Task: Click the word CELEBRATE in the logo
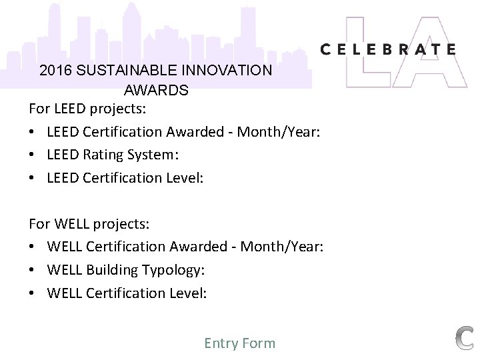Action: [388, 49]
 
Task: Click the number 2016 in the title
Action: [55, 70]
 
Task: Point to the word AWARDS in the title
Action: [156, 89]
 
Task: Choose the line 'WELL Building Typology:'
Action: [125, 270]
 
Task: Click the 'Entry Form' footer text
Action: [239, 343]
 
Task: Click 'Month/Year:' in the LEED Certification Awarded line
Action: [281, 131]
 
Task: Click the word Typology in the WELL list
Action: [174, 270]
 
